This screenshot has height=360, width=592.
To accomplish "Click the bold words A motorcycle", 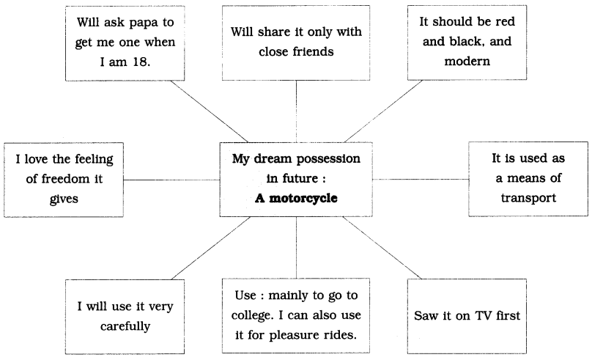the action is (x=296, y=198).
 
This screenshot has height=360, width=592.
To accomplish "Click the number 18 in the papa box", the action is (x=141, y=62).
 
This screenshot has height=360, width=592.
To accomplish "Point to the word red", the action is (x=505, y=21).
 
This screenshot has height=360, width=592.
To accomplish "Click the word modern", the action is (x=467, y=61).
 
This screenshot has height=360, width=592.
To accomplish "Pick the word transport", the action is (x=528, y=198).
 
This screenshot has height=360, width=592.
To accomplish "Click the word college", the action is (x=252, y=315).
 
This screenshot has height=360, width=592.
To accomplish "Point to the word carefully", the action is (x=125, y=326).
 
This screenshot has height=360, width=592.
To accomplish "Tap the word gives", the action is (x=64, y=199).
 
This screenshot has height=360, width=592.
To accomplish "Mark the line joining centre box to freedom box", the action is (x=171, y=180).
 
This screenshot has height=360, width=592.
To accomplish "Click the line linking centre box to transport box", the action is (x=421, y=179).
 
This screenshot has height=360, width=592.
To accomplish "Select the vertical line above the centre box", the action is (x=296, y=111).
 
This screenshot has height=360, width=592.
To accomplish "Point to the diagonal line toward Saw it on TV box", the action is (x=382, y=248).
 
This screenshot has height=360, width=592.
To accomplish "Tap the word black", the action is (x=467, y=41).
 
